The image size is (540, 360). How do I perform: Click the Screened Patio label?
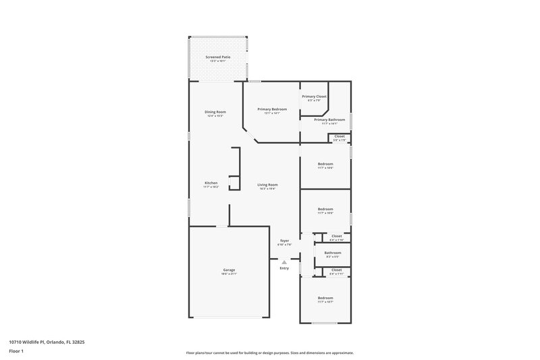tap(218, 57)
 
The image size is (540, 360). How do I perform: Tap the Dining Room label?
tap(215, 111)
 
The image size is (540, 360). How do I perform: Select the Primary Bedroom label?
tap(272, 109)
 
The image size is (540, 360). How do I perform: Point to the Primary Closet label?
tap(314, 97)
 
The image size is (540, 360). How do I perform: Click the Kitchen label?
tap(211, 183)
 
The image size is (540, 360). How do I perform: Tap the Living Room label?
tap(268, 184)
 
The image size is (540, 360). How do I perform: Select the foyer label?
tap(285, 240)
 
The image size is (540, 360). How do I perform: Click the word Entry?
tap(284, 268)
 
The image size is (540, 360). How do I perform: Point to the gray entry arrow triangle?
tap(284, 261)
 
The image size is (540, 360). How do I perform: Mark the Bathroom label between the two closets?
tap(332, 253)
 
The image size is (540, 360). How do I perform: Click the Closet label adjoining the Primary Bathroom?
tap(339, 136)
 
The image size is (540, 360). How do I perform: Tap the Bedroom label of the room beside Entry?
tap(325, 298)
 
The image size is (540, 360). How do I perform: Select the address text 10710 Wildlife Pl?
tap(37, 342)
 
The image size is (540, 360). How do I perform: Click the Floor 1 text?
tap(16, 352)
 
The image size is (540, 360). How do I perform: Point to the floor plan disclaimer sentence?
tap(270, 353)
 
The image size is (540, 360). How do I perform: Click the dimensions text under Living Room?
tap(268, 188)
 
